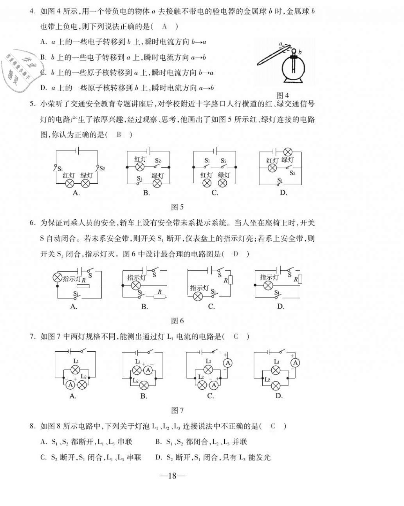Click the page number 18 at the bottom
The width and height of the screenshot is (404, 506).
(x=172, y=476)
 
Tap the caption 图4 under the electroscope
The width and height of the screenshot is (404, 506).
(x=282, y=96)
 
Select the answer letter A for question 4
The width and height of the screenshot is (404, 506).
(x=164, y=26)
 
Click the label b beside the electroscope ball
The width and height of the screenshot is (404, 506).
(x=300, y=52)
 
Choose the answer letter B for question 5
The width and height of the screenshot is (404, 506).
(x=119, y=135)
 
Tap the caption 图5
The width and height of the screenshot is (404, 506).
(x=177, y=207)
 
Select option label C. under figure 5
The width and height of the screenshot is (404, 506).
(x=215, y=193)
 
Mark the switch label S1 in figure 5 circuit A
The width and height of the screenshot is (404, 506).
(x=60, y=169)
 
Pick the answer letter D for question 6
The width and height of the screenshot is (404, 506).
(x=235, y=254)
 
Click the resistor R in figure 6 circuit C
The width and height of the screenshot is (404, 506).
(x=230, y=280)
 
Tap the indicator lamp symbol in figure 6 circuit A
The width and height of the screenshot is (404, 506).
(x=58, y=278)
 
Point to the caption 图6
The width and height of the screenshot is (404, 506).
(x=177, y=321)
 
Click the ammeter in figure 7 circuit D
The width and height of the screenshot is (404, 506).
(x=295, y=363)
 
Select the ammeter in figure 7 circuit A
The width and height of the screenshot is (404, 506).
(x=70, y=385)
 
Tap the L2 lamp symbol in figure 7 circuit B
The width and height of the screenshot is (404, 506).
(x=144, y=385)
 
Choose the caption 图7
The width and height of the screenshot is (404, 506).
(x=177, y=410)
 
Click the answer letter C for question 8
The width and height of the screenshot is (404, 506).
(x=273, y=426)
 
